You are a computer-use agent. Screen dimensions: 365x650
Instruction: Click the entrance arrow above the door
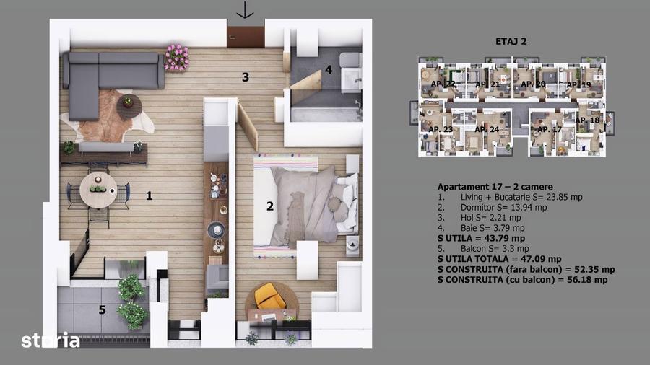(x=246, y=10)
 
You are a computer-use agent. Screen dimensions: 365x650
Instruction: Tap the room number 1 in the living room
(x=149, y=195)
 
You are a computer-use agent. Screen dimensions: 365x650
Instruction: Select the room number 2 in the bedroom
(x=269, y=206)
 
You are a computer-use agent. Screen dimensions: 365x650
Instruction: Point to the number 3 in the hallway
(x=246, y=77)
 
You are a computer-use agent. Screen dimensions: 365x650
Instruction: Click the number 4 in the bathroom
(x=328, y=70)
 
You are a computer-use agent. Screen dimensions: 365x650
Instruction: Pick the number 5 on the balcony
(x=102, y=310)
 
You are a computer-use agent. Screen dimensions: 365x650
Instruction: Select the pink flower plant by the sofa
(x=176, y=57)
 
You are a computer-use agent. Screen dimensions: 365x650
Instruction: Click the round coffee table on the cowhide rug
(x=129, y=103)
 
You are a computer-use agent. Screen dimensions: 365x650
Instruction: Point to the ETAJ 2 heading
(x=513, y=41)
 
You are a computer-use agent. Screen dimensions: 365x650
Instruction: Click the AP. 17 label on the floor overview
(x=548, y=129)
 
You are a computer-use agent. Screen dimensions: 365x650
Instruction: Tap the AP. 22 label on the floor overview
(x=443, y=84)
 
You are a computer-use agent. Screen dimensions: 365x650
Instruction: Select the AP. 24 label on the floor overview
(x=487, y=129)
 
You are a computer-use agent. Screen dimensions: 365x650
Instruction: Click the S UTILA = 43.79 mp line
(x=481, y=238)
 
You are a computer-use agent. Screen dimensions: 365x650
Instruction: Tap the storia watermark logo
(x=51, y=340)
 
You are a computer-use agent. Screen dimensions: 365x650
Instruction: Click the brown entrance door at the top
(x=246, y=37)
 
